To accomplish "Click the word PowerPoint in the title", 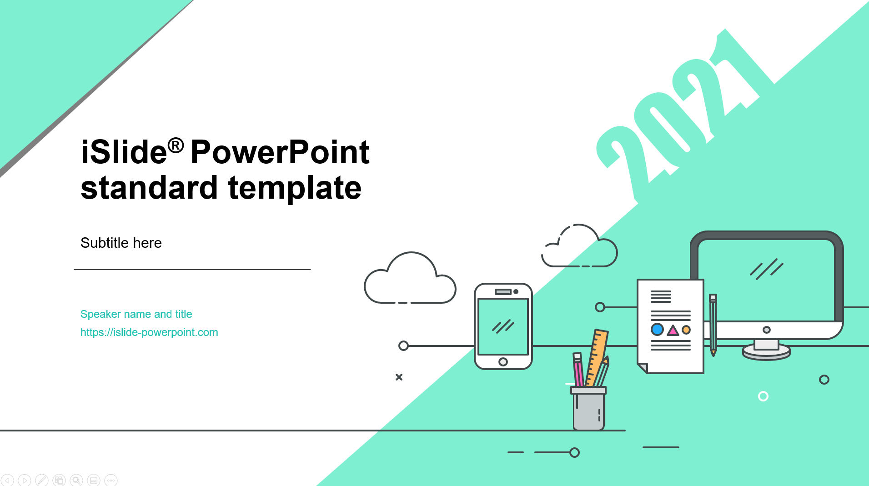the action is click(280, 152).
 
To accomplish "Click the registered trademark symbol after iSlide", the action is click(176, 145).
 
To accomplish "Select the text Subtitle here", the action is click(121, 243).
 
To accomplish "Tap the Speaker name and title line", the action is click(136, 314).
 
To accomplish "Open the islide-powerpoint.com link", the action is click(149, 332).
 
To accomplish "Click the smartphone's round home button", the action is click(503, 362).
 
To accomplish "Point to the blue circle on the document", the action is click(657, 329).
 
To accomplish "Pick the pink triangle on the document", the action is click(673, 331).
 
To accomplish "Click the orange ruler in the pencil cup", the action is click(597, 358).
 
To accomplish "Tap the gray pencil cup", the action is click(588, 408).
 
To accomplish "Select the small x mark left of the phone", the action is click(399, 377).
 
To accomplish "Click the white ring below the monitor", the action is click(763, 396).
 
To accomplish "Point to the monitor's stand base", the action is click(766, 352).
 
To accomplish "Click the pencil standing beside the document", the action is click(713, 325).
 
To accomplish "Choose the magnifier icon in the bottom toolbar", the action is click(76, 480).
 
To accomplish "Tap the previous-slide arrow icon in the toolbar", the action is click(7, 480).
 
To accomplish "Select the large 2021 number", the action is click(678, 116).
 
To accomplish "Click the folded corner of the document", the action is click(643, 368).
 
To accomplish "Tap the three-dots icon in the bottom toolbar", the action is click(111, 480).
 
